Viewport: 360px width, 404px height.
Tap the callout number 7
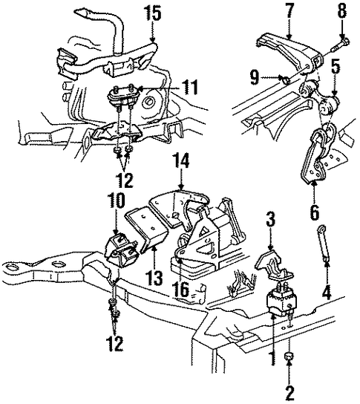point(289,11)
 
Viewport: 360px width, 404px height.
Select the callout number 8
point(341,10)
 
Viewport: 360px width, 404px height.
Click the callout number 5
point(335,68)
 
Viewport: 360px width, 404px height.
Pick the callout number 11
point(315,212)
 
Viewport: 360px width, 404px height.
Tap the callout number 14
point(181,160)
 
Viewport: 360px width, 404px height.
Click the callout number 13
point(154,278)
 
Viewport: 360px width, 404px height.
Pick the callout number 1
point(272,356)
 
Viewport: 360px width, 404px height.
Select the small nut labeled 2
point(289,357)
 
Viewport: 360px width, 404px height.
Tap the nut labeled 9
point(287,80)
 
